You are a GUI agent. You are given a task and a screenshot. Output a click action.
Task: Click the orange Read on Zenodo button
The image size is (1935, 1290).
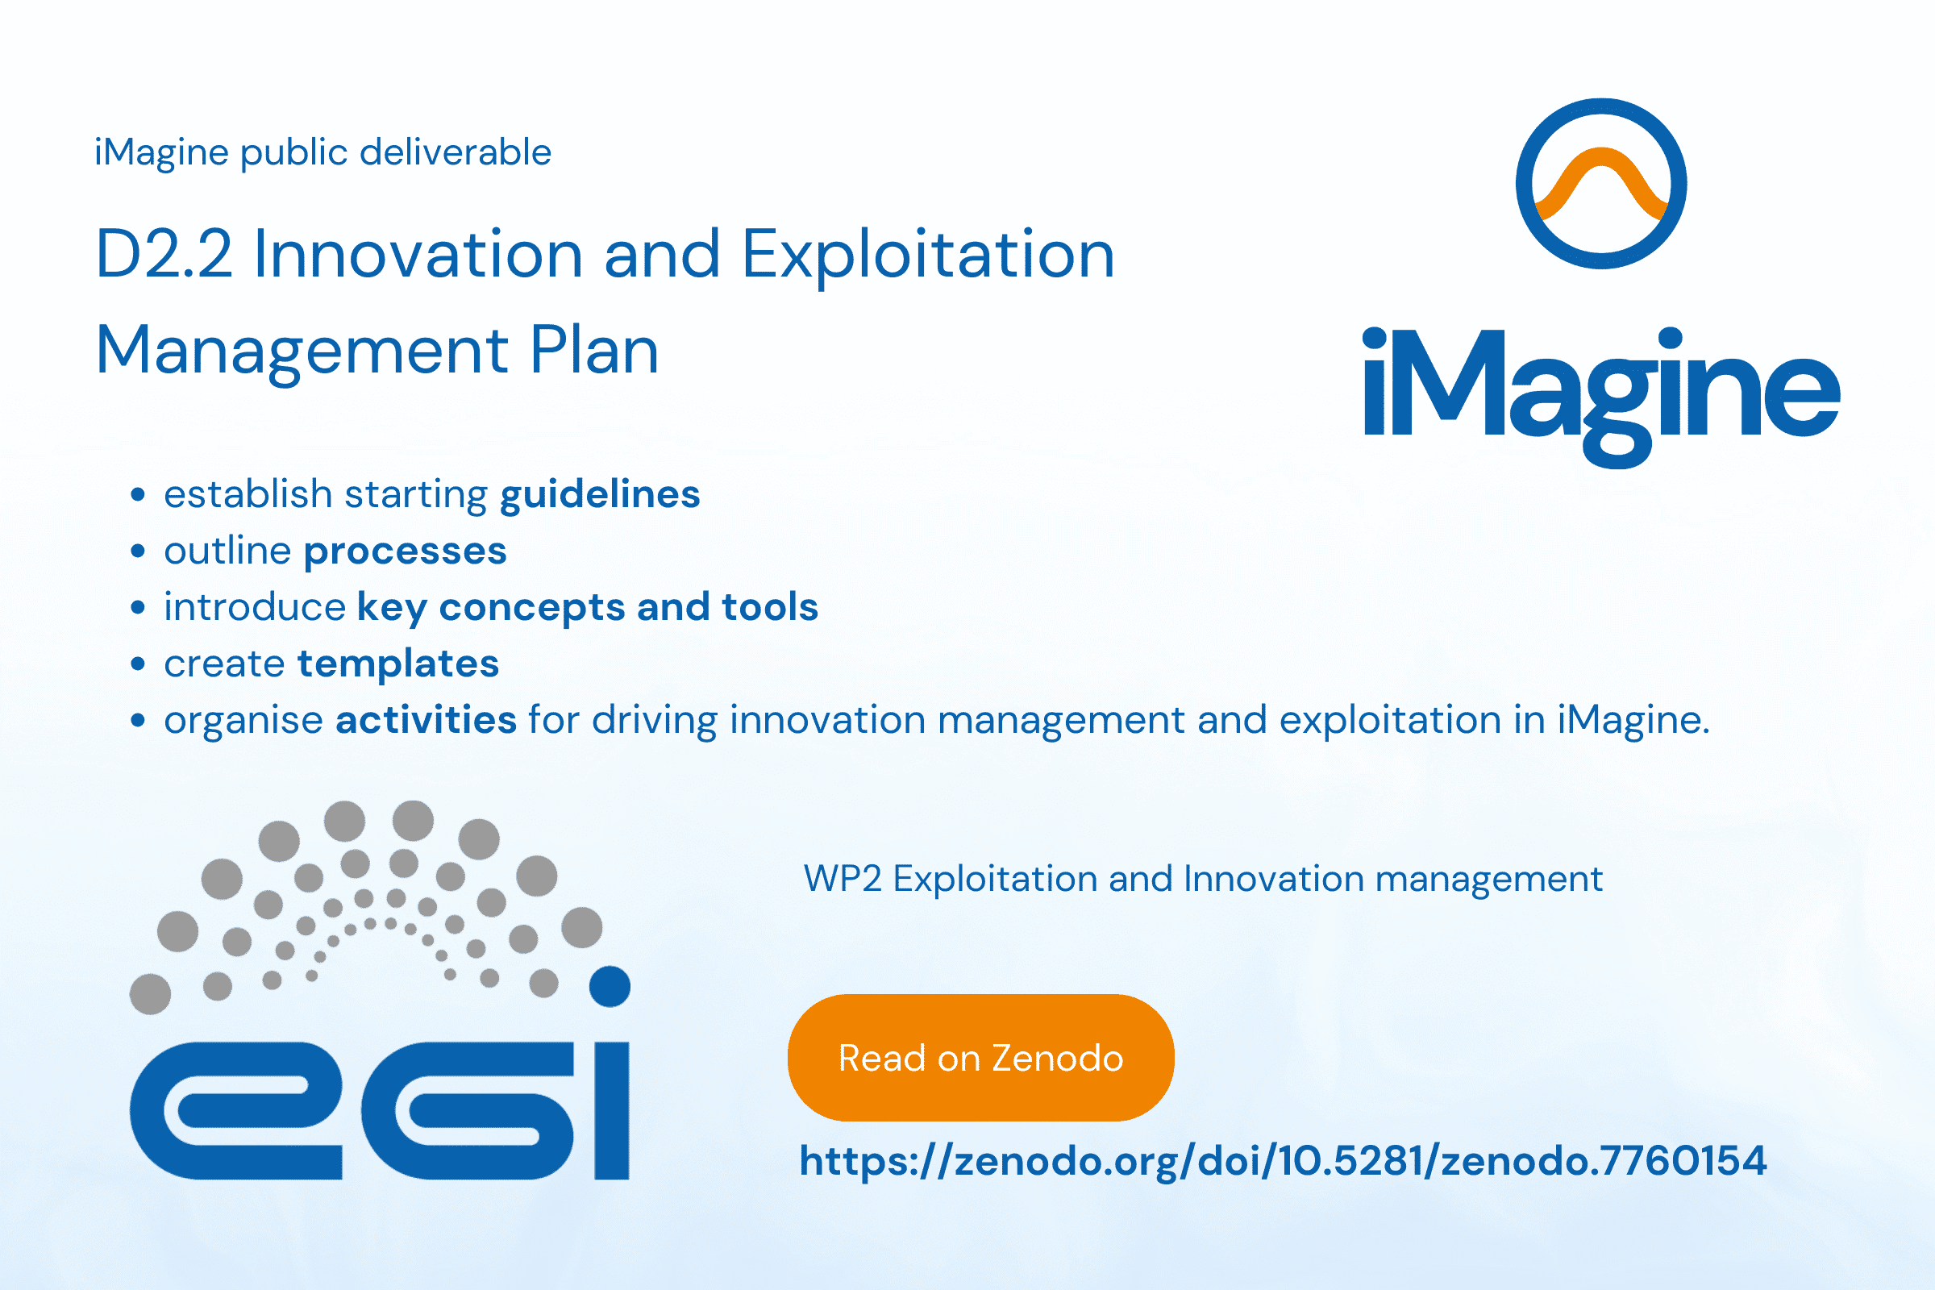click(x=980, y=1057)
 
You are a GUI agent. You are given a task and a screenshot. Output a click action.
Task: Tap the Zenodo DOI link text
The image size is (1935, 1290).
click(x=1284, y=1162)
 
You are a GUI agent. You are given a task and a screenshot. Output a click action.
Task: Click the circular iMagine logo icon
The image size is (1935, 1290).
click(x=1601, y=184)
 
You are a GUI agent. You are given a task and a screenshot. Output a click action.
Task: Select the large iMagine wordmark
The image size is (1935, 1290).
click(x=1602, y=398)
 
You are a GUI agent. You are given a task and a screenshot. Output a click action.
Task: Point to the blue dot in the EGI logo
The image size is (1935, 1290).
click(x=610, y=986)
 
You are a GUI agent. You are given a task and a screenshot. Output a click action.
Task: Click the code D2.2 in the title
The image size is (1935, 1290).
click(x=164, y=254)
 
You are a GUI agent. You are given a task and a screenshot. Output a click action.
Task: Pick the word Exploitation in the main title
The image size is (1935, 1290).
click(x=928, y=254)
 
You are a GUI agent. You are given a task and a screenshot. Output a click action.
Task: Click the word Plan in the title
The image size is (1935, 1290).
click(x=594, y=351)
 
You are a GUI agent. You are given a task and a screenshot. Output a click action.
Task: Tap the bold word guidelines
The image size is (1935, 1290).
click(x=600, y=494)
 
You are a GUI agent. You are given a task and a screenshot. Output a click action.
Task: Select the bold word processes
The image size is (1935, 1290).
click(x=405, y=552)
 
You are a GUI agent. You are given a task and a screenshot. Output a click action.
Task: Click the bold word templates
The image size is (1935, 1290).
click(x=398, y=664)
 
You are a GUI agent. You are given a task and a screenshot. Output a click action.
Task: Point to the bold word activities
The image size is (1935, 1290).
click(x=427, y=720)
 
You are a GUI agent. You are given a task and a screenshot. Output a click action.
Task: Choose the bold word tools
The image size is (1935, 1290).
click(x=770, y=607)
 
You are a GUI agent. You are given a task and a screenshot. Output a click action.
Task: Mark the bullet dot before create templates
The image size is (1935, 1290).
click(x=138, y=664)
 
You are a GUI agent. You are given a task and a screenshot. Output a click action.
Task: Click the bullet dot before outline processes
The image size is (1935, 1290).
click(x=138, y=551)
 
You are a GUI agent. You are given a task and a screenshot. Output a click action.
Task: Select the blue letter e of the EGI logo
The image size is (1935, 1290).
click(x=235, y=1110)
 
